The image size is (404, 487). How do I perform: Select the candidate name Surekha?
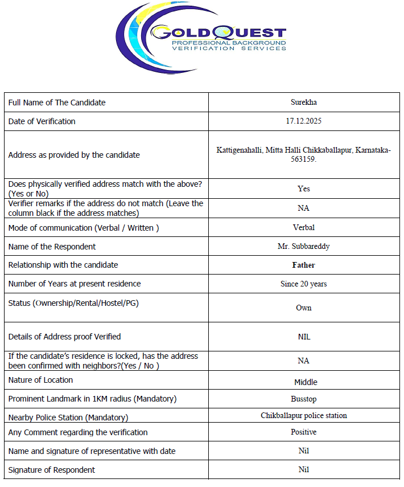point(303,103)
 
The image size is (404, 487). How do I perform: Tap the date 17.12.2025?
point(304,121)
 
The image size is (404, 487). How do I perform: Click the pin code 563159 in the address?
point(303,159)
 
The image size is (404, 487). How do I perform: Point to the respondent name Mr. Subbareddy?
point(303,247)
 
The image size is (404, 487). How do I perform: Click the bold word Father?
point(303,265)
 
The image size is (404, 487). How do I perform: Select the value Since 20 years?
point(303,284)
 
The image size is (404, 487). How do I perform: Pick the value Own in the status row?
point(303,308)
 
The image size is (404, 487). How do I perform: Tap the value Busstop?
point(303,399)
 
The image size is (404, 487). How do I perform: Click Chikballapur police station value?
point(303,415)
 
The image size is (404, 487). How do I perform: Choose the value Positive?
point(303,432)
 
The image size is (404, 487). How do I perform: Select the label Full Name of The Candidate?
point(57,103)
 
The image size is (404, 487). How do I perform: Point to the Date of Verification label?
point(42,121)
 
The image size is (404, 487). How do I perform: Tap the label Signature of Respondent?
point(52,470)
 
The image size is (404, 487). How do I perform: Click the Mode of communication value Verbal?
point(303,227)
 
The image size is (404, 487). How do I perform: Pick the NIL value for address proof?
point(304,337)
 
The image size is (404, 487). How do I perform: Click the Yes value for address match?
point(303,189)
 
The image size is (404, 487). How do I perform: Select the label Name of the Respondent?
point(52,247)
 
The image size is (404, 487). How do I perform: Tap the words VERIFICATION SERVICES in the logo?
point(229,48)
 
